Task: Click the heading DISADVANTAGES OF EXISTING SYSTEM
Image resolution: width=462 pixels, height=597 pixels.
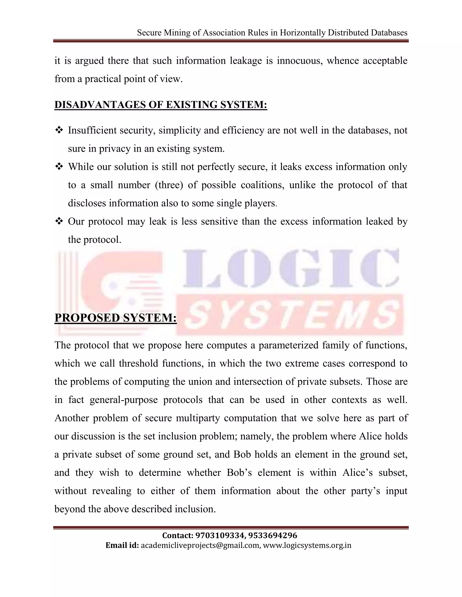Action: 161,105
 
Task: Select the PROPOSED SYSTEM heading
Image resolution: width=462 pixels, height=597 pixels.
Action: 115,318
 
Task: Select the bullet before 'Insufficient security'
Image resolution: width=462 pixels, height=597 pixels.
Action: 59,130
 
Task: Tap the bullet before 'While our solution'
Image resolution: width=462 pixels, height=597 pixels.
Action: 59,167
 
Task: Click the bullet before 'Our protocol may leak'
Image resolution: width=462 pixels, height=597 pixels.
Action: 59,221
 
